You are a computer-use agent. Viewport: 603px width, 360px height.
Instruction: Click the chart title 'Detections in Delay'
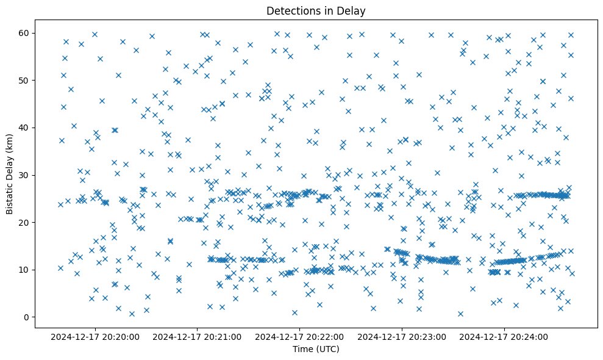(x=316, y=11)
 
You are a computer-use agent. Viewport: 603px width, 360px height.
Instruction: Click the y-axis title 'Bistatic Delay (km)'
(x=10, y=174)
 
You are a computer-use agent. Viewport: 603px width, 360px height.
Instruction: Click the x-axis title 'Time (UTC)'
(x=316, y=349)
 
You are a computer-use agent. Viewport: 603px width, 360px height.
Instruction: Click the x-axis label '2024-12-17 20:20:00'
(x=95, y=336)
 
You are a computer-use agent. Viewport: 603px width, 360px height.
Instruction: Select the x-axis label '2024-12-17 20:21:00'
(x=198, y=336)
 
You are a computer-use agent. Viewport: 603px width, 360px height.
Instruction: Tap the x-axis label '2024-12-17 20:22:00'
(x=300, y=336)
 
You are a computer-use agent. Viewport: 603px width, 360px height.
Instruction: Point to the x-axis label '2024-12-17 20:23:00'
(x=402, y=336)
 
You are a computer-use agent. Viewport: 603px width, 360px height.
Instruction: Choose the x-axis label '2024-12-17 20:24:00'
(x=505, y=336)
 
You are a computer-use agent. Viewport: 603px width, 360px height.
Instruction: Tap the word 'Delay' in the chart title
(x=353, y=11)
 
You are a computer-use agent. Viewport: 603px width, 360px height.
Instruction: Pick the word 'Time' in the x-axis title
(x=303, y=349)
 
